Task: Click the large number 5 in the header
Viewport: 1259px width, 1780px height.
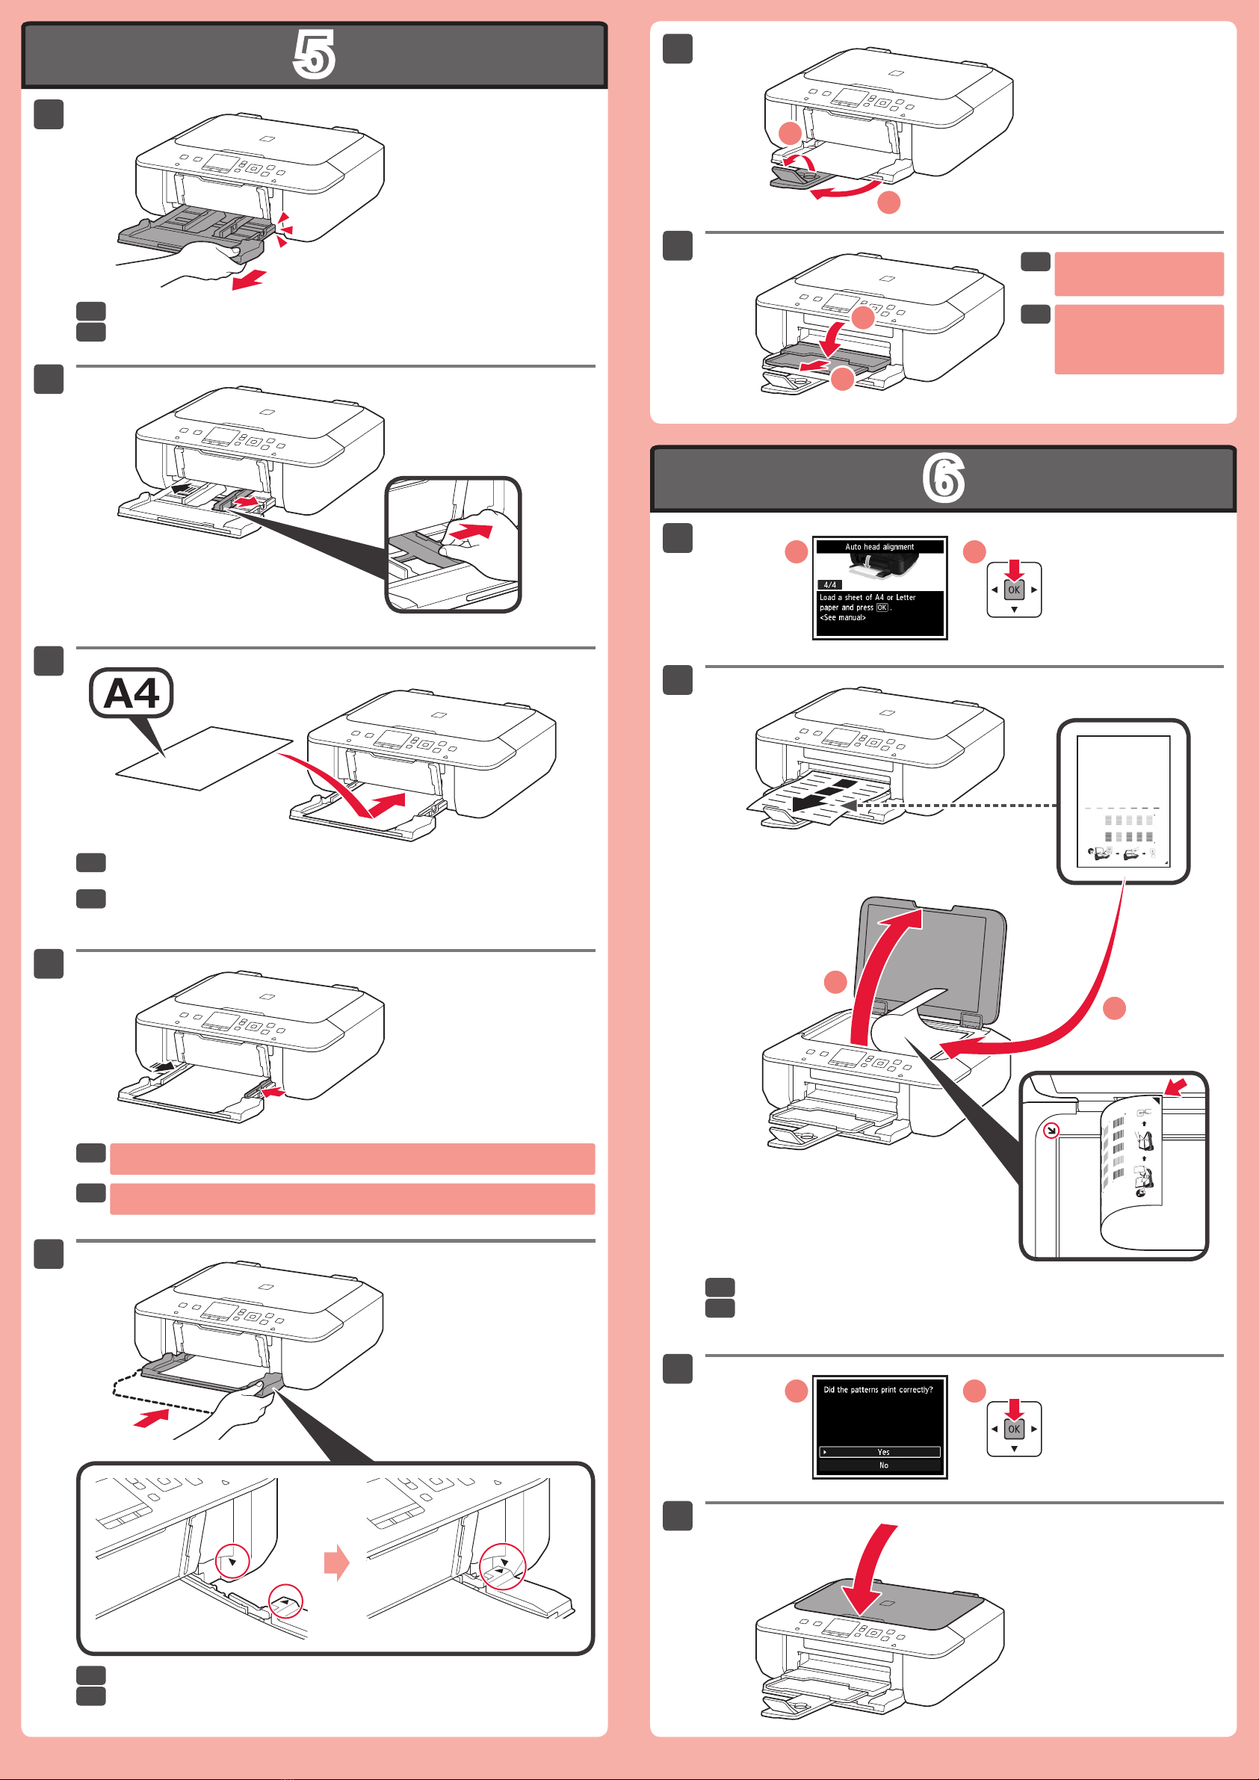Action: coord(314,55)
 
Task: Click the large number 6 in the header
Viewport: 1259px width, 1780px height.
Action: coord(944,478)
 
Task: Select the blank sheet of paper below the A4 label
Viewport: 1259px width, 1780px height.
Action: coord(204,758)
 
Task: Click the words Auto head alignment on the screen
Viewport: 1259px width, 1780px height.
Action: coord(879,546)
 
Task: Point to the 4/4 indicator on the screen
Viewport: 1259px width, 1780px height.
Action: coord(829,584)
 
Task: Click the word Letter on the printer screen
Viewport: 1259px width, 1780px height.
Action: coord(906,597)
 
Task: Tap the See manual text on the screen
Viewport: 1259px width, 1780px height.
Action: coord(843,617)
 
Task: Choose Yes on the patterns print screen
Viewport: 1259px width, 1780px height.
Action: coord(883,1452)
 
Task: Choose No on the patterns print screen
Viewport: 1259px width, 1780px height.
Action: coord(883,1465)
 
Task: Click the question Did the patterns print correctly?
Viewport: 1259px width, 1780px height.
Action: coord(879,1390)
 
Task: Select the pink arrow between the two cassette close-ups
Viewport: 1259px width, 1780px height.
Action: coord(336,1562)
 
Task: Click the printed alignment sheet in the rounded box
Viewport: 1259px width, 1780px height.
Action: coord(1123,801)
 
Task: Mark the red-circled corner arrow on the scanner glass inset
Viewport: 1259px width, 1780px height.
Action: coord(1051,1131)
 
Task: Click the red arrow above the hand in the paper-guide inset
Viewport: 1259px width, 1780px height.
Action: coord(469,532)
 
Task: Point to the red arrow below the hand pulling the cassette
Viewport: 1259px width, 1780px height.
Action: coord(249,280)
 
